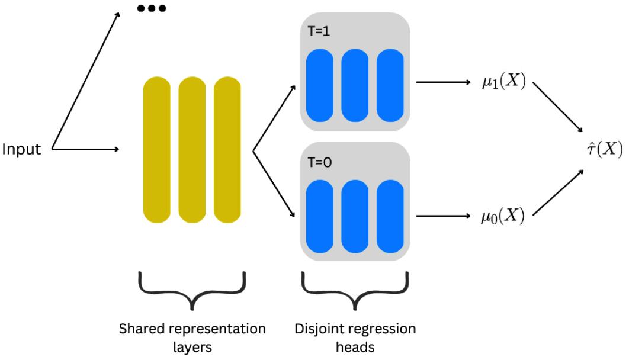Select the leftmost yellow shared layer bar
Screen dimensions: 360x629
point(156,150)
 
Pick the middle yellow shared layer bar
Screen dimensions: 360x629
point(192,150)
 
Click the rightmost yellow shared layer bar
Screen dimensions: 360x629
point(227,150)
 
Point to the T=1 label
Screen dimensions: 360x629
point(320,31)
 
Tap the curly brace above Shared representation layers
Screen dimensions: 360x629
point(192,290)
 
